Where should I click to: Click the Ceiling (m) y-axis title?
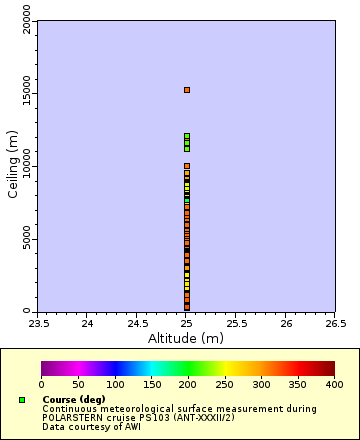click(x=13, y=165)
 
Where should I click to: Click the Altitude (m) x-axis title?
click(x=186, y=338)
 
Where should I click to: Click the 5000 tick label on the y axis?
click(x=26, y=239)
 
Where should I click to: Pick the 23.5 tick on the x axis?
click(x=37, y=324)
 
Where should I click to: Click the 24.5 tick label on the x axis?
click(x=137, y=324)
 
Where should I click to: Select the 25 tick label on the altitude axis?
click(x=186, y=324)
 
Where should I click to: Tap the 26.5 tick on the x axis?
click(x=335, y=324)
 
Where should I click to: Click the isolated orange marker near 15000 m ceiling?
click(x=186, y=90)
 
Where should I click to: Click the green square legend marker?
click(x=22, y=400)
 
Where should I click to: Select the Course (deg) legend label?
click(x=73, y=400)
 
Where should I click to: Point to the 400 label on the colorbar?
click(x=334, y=384)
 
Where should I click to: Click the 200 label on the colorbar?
click(x=188, y=384)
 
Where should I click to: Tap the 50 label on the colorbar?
click(x=78, y=384)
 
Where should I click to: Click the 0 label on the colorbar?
click(x=41, y=384)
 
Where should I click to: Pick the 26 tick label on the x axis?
click(x=286, y=324)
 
